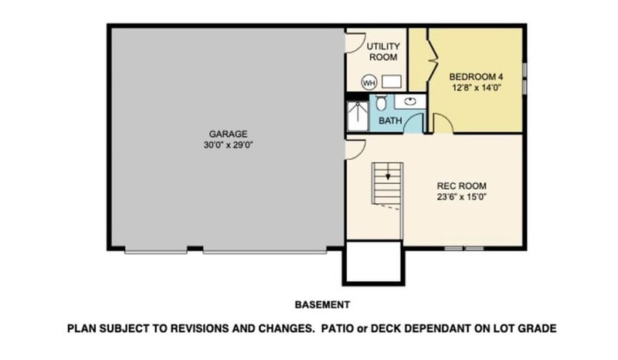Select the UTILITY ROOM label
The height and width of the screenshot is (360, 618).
click(x=382, y=52)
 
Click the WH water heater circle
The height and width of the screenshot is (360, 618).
click(x=368, y=82)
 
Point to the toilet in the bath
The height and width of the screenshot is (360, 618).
click(x=382, y=103)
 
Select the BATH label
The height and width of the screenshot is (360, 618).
click(x=390, y=121)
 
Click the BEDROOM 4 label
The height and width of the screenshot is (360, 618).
click(x=477, y=76)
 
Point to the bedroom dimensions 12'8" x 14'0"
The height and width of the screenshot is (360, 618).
click(x=477, y=87)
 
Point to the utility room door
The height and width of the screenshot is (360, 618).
click(x=353, y=43)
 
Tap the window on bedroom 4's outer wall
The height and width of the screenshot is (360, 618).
click(x=525, y=72)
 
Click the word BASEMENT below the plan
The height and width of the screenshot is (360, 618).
click(x=322, y=304)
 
